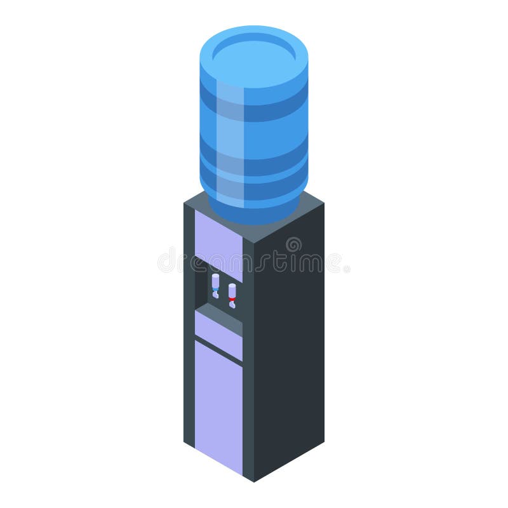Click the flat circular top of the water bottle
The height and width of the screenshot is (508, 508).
tap(254, 53)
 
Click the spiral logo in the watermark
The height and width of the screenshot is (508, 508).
tap(293, 245)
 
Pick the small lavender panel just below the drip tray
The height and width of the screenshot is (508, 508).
tap(218, 334)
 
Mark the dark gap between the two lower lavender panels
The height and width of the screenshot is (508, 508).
tap(218, 349)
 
